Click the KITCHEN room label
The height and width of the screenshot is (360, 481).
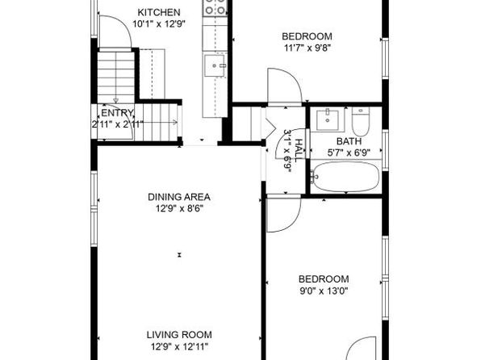pyautogui.click(x=159, y=13)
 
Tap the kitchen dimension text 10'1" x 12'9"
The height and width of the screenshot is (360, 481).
pyautogui.click(x=159, y=24)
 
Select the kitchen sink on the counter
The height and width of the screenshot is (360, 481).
pyautogui.click(x=215, y=65)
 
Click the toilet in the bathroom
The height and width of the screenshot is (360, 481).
pyautogui.click(x=361, y=121)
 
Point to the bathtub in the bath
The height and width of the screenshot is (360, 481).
pyautogui.click(x=345, y=177)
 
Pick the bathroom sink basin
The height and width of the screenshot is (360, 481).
pyautogui.click(x=328, y=120)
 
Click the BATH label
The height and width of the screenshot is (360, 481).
pyautogui.click(x=349, y=141)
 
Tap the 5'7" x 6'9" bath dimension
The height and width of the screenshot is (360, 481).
pyautogui.click(x=349, y=153)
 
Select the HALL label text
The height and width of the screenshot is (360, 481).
pyautogui.click(x=299, y=151)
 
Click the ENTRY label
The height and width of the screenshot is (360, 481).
pyautogui.click(x=118, y=113)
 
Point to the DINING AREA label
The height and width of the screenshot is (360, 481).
pyautogui.click(x=179, y=197)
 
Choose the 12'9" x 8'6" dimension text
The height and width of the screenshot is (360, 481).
pyautogui.click(x=179, y=209)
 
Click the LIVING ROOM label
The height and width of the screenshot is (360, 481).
pyautogui.click(x=179, y=335)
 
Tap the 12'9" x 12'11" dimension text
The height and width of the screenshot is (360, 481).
pyautogui.click(x=179, y=347)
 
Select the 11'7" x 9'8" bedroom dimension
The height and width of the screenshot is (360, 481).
pyautogui.click(x=307, y=48)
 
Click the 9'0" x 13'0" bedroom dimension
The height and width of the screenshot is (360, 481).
pyautogui.click(x=324, y=291)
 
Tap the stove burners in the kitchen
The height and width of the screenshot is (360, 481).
pyautogui.click(x=215, y=7)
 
